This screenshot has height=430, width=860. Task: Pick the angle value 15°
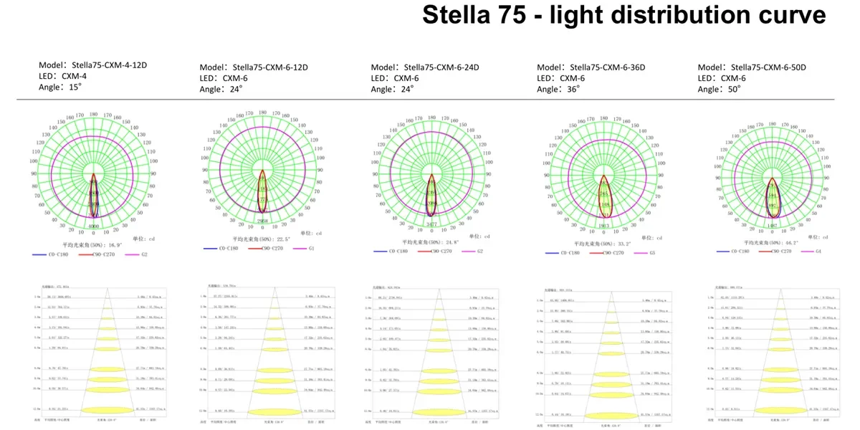click(x=75, y=87)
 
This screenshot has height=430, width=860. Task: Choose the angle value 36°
click(x=572, y=90)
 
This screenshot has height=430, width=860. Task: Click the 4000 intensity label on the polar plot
click(x=94, y=226)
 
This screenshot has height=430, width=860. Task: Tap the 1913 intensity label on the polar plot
click(x=605, y=225)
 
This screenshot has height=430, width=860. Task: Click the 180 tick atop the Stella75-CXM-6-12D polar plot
click(x=263, y=112)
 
